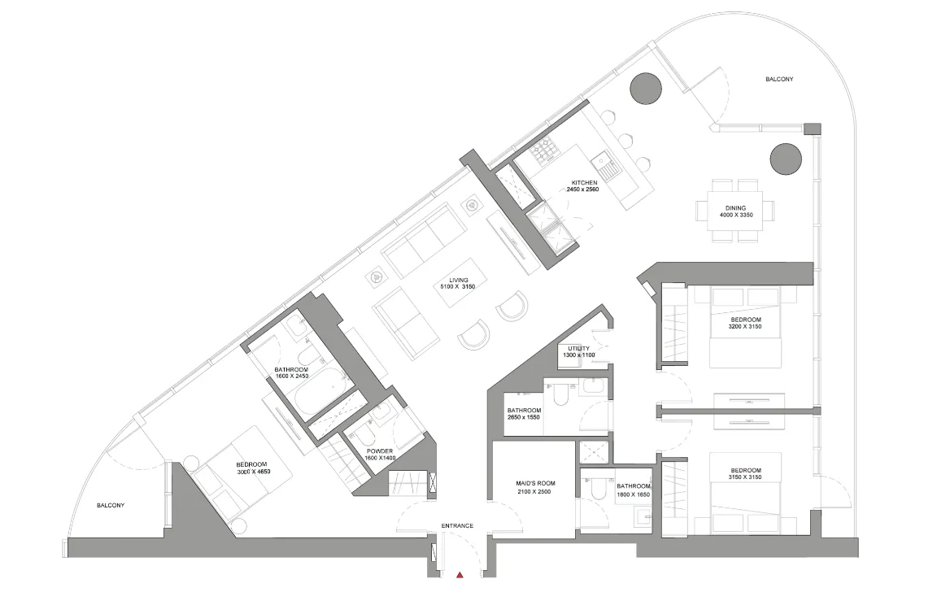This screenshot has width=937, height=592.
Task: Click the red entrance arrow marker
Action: pyautogui.click(x=460, y=575)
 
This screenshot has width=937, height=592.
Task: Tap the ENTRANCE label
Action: pyautogui.click(x=457, y=525)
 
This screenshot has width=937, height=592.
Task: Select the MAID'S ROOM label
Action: pyautogui.click(x=535, y=483)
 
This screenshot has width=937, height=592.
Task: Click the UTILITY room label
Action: pyautogui.click(x=578, y=348)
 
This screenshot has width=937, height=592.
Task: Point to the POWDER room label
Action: pyautogui.click(x=380, y=451)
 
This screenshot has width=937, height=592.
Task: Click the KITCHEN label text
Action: pyautogui.click(x=584, y=183)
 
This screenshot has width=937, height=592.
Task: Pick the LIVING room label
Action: pyautogui.click(x=459, y=280)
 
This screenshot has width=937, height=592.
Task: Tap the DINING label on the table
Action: pyautogui.click(x=736, y=208)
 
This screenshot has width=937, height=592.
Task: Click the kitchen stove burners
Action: pyautogui.click(x=544, y=152)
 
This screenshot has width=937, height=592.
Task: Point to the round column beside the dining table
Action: pyautogui.click(x=786, y=159)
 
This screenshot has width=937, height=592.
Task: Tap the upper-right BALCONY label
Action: pyautogui.click(x=779, y=79)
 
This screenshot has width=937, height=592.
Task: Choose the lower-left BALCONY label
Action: pyautogui.click(x=111, y=505)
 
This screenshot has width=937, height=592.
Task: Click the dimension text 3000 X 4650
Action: pyautogui.click(x=253, y=472)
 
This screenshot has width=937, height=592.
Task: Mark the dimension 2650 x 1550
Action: pyautogui.click(x=524, y=417)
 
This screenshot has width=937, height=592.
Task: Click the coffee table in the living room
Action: pyautogui.click(x=459, y=282)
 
